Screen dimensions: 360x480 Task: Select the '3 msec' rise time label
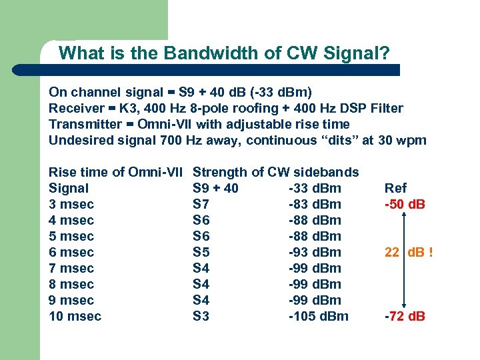71,204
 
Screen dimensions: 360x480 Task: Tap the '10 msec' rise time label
75,316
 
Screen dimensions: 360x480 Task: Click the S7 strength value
201,204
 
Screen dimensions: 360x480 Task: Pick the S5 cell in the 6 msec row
201,252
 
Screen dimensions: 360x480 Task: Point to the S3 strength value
201,316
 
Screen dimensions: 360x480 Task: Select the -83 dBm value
315,204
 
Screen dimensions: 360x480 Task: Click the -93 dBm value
315,252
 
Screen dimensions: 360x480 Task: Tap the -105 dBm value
318,316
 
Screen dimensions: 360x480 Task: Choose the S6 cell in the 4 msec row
201,220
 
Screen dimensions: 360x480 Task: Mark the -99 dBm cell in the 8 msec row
315,284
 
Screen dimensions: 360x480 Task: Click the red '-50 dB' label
405,204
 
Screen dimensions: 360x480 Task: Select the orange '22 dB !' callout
409,252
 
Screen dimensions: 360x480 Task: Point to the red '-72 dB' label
405,316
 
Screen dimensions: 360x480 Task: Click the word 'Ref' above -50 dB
395,188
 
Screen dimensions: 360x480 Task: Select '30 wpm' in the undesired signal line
405,140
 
